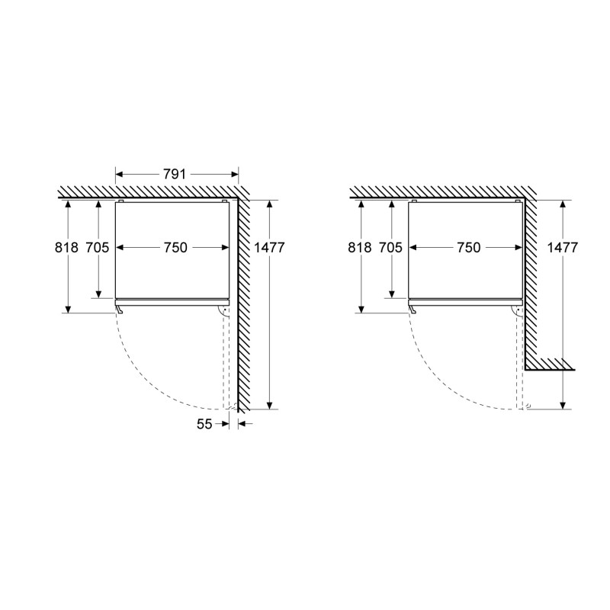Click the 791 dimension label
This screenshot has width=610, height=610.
coord(174,175)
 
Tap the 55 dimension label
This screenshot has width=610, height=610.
coord(204,424)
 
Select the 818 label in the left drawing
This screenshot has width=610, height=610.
coord(66,247)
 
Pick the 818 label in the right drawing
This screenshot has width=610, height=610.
coord(360,247)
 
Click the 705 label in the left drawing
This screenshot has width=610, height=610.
coord(98,247)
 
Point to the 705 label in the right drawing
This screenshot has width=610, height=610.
coord(390,247)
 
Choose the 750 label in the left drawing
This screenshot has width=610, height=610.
coord(175,247)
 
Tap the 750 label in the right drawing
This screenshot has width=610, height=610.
coord(468,247)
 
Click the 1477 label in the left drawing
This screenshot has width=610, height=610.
coord(269,247)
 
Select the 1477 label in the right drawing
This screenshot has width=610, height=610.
coord(563,247)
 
